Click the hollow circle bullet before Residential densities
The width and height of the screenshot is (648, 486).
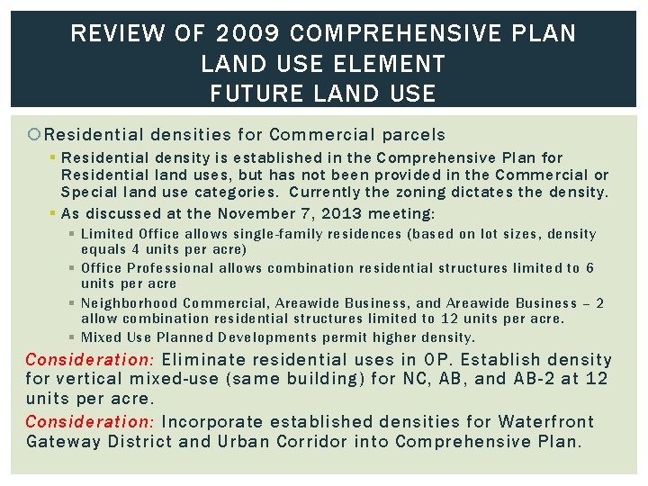(34, 135)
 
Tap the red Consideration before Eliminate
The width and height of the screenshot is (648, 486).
(90, 359)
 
